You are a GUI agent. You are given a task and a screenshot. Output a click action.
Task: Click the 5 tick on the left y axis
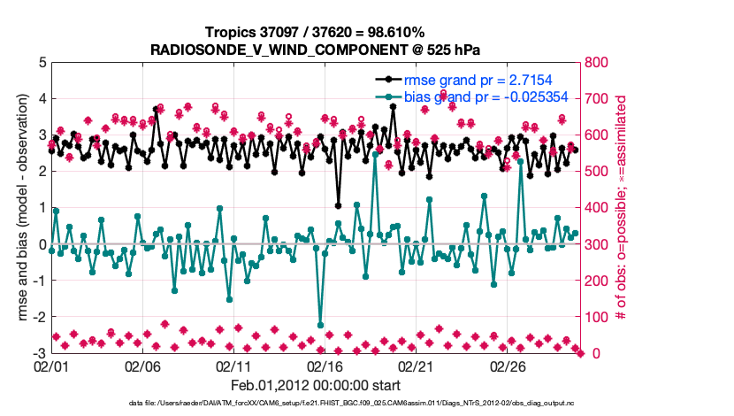coord(41,63)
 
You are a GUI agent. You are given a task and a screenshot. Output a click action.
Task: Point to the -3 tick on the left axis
coord(38,353)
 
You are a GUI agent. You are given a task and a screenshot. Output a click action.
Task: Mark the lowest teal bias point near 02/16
coord(320,326)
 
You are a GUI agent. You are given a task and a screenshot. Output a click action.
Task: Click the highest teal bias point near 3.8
coord(391,106)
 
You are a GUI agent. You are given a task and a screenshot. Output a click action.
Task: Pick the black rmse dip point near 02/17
coord(338,205)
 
